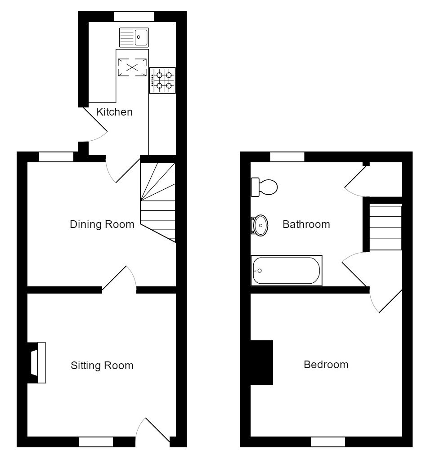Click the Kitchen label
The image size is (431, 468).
114,112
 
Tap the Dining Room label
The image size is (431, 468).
102,224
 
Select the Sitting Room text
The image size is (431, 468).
102,365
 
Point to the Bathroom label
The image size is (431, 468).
306,224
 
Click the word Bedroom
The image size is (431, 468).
326,365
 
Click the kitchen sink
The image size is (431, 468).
134,37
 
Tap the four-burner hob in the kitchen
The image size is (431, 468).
162,80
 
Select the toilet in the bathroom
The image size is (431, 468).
264,187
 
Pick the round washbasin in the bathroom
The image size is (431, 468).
260,225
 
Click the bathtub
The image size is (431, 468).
287,270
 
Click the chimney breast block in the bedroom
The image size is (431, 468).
262,363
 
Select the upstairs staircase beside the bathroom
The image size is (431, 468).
385,227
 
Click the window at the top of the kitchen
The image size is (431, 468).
134,17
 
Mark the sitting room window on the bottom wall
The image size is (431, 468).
95,442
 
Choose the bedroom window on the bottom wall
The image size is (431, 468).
328,442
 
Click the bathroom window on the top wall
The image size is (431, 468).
287,157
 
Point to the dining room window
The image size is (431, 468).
56,157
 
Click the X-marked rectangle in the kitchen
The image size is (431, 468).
132,67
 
